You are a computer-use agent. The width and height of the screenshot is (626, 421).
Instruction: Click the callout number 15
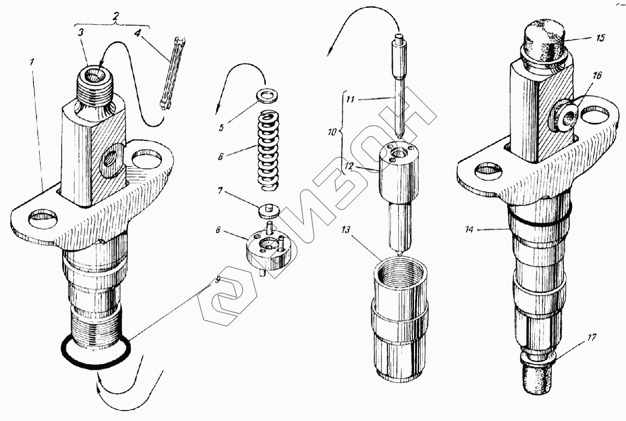click(600, 38)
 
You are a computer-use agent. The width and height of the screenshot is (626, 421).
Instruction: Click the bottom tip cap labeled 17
click(538, 376)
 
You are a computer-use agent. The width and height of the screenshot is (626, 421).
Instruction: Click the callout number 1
click(32, 61)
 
